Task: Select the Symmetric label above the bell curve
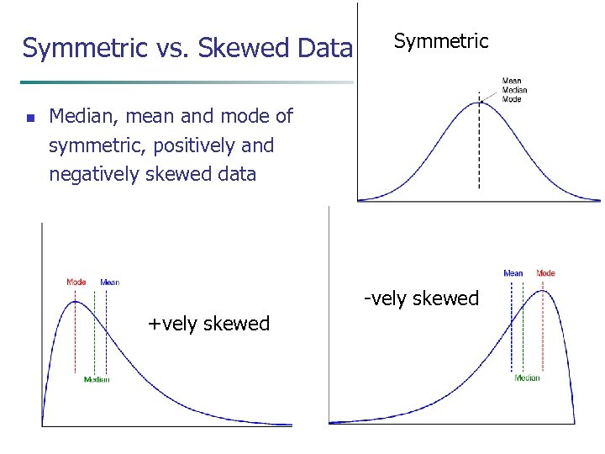point(441,40)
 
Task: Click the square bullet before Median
point(29,119)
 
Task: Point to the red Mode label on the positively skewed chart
point(76,282)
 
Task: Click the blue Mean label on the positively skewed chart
point(110,282)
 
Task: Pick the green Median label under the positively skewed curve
point(97,379)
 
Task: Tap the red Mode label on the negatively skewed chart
point(545,273)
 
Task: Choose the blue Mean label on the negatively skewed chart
point(513,273)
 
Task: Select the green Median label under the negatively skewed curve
point(527,378)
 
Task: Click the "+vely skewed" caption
point(208,324)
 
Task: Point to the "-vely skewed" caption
point(421,298)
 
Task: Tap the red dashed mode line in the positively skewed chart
point(76,336)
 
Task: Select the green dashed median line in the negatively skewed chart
point(524,336)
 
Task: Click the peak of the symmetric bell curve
point(480,102)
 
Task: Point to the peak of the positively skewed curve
point(76,301)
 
